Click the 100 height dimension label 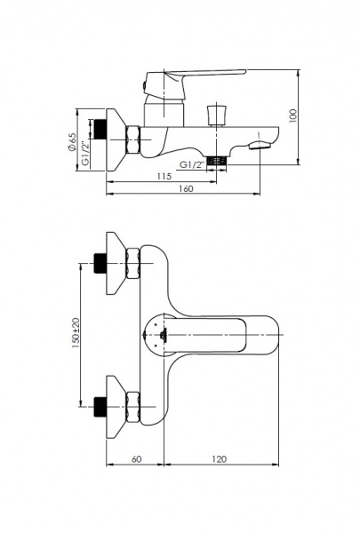click(292, 115)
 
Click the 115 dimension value click(164, 177)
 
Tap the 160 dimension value click(186, 188)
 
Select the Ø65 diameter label click(72, 141)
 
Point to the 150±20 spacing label click(76, 333)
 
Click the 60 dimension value click(136, 459)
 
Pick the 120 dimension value click(220, 459)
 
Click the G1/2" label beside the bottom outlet click(192, 165)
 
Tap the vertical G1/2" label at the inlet click(85, 154)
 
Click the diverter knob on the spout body click(216, 115)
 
